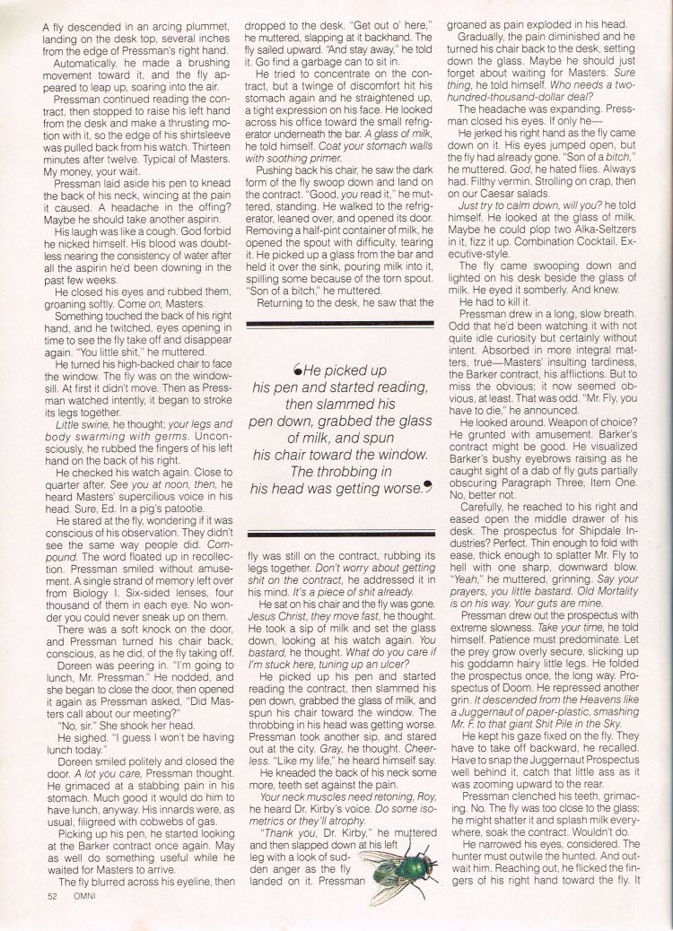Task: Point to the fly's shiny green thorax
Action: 394,871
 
